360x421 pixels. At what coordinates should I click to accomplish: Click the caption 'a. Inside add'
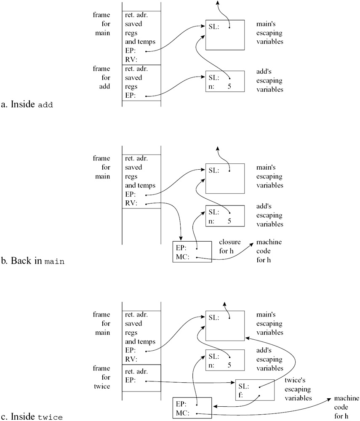click(27, 104)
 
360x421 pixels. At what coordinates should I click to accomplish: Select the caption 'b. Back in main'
click(32, 261)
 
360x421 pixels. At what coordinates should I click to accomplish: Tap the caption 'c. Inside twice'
click(32, 416)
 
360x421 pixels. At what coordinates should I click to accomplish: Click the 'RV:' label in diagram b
click(131, 203)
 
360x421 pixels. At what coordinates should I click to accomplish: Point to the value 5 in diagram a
click(229, 86)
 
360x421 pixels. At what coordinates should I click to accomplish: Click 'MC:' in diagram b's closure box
click(183, 257)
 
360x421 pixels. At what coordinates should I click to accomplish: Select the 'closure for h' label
click(230, 246)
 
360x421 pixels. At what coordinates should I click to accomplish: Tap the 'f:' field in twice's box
click(240, 395)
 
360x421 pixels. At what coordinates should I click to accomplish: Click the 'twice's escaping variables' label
click(298, 389)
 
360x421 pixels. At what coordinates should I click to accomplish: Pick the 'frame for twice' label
click(102, 377)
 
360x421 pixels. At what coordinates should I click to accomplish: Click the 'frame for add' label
click(102, 77)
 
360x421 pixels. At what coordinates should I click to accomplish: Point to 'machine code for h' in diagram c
click(346, 407)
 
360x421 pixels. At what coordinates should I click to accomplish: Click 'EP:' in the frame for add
click(130, 95)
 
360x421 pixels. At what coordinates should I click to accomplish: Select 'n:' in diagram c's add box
click(211, 365)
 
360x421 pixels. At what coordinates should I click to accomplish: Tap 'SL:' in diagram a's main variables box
click(214, 27)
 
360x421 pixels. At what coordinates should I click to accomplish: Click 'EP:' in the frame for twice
click(130, 380)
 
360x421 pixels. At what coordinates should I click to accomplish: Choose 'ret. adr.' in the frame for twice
click(136, 371)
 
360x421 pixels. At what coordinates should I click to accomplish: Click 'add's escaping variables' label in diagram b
click(269, 215)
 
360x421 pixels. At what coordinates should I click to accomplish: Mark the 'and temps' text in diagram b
click(140, 185)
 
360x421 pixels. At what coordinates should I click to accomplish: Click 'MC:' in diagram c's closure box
click(183, 413)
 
